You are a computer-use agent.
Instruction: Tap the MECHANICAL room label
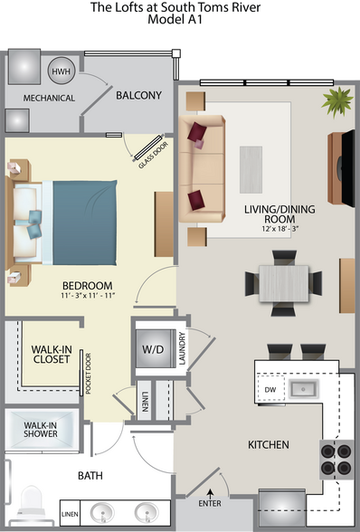[48, 98]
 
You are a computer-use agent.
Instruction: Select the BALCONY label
[138, 94]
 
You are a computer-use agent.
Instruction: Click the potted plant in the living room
[337, 101]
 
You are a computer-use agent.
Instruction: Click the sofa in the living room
[201, 169]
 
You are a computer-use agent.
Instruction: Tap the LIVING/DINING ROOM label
[279, 214]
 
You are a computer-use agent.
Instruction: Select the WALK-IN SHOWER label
[41, 429]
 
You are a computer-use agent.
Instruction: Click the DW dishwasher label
[270, 390]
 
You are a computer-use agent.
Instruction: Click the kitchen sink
[301, 390]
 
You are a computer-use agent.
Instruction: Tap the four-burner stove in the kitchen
[336, 459]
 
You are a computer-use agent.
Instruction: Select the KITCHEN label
[269, 444]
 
